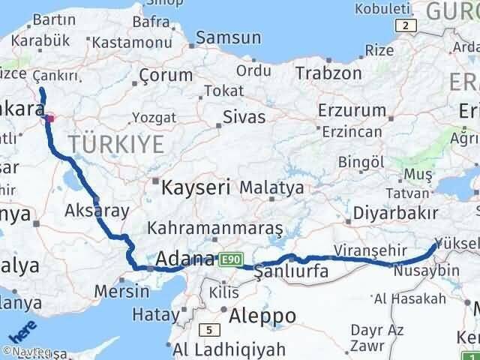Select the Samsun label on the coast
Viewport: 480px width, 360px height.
229,38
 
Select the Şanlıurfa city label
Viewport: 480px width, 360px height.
291,271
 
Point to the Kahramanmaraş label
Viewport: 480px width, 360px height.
215,227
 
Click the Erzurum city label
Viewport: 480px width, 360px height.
342,112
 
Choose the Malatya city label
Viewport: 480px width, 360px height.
271,187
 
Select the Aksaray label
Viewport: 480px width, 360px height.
97,210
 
